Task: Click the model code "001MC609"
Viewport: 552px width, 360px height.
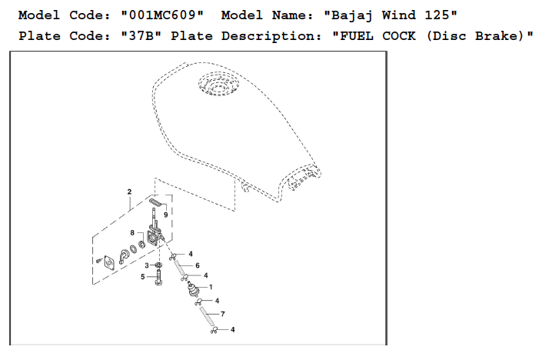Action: click(163, 15)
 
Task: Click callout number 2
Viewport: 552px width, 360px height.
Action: click(129, 191)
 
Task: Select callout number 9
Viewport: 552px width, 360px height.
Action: click(165, 215)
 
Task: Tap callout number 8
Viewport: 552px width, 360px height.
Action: click(132, 232)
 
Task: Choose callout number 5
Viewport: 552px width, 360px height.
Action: click(142, 277)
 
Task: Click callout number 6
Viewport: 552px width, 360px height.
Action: click(197, 265)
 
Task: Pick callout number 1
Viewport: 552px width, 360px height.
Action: click(210, 287)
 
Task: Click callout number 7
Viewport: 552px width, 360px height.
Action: click(222, 314)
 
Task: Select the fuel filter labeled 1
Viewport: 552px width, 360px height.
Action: click(195, 290)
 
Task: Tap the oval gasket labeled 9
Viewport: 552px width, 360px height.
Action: click(155, 202)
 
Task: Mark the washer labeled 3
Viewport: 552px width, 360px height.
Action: click(158, 265)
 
